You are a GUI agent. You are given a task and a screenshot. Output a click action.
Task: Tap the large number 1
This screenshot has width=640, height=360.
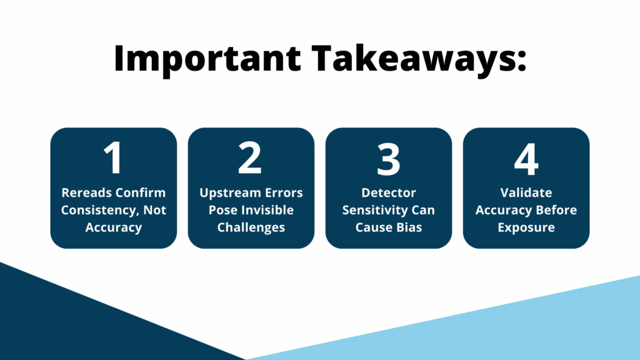[x=113, y=158]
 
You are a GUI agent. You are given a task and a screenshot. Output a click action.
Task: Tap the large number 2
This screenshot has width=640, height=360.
[x=251, y=158]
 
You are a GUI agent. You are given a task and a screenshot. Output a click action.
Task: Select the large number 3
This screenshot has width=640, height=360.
[x=388, y=158]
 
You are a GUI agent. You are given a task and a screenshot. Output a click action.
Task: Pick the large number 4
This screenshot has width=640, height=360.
[x=526, y=158]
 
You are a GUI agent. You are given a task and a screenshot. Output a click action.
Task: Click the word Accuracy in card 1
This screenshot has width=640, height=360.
[x=113, y=227]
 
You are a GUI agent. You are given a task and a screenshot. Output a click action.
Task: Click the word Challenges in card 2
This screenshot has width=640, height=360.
[x=251, y=227]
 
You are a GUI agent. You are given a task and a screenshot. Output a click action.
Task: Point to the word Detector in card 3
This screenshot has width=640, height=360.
[x=388, y=192]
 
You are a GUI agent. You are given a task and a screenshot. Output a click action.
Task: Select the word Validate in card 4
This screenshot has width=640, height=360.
[x=526, y=192]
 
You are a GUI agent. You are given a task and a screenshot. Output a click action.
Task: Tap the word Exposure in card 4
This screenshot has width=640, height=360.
[x=526, y=227]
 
